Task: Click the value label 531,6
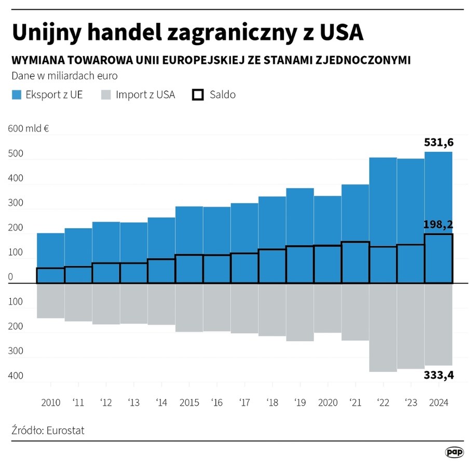(439, 142)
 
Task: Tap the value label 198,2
(438, 225)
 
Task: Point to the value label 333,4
(439, 375)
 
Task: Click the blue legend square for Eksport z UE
(17, 95)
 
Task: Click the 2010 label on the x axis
(50, 403)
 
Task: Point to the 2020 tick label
(328, 403)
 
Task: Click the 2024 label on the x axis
(438, 403)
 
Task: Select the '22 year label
(383, 403)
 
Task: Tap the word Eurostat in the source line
(65, 431)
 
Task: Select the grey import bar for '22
(383, 327)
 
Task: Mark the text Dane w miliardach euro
(64, 76)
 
